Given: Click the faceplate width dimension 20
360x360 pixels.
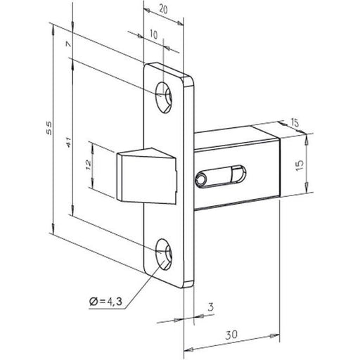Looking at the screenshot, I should [x=162, y=9].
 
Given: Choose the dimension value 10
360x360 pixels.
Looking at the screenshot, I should [x=153, y=34].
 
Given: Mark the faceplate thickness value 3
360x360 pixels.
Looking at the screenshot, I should [x=210, y=307].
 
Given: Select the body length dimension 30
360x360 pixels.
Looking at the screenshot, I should [x=231, y=336].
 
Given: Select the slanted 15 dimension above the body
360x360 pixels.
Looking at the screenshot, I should [x=294, y=124].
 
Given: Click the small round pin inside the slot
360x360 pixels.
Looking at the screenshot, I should [x=203, y=179].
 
